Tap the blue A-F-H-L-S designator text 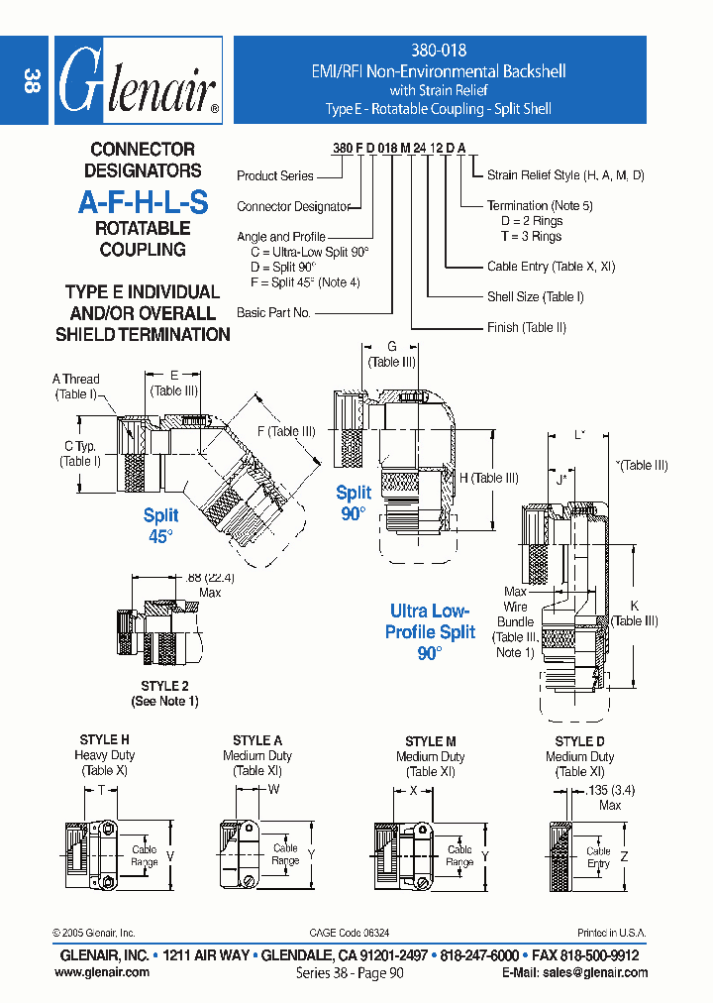[x=144, y=202]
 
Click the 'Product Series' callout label [x=275, y=175]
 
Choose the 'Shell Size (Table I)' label [x=535, y=296]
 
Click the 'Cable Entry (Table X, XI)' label [x=551, y=267]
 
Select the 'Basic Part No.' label [x=274, y=312]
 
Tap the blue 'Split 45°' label [x=160, y=524]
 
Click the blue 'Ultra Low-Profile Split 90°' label [x=431, y=632]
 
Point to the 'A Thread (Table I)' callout [x=75, y=387]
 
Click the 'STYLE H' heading [x=104, y=740]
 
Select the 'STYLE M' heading [x=430, y=741]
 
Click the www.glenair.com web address [x=102, y=972]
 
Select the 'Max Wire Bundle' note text [x=516, y=619]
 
